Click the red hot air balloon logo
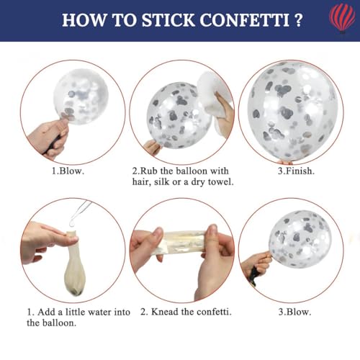[342, 19]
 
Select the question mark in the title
[298, 20]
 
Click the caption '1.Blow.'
[68, 171]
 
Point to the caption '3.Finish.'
[296, 171]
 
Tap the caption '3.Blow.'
[294, 312]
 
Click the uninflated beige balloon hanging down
[76, 263]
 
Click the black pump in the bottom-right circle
[253, 275]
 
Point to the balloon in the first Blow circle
[81, 96]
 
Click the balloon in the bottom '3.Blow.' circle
[300, 240]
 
